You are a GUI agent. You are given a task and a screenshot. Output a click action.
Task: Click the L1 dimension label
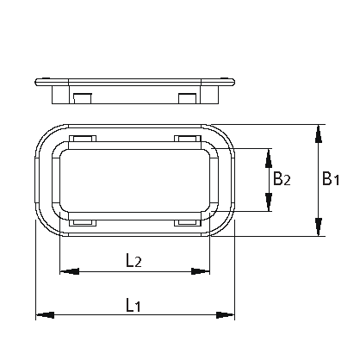pyautogui.click(x=133, y=304)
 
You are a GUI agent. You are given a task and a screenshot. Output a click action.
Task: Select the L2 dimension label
pyautogui.click(x=133, y=259)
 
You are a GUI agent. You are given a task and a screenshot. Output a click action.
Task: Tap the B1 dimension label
pyautogui.click(x=332, y=178)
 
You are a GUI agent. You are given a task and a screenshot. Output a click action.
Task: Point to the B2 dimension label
pyautogui.click(x=282, y=179)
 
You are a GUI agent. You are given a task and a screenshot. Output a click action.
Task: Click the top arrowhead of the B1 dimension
pyautogui.click(x=320, y=132)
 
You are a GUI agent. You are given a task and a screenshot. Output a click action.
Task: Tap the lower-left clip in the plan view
pyautogui.click(x=82, y=223)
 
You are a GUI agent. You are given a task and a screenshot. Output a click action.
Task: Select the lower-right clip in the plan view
pyautogui.click(x=186, y=223)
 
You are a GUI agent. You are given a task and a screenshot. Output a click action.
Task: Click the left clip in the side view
pyautogui.click(x=82, y=96)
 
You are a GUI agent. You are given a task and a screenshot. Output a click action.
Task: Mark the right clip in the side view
pyautogui.click(x=187, y=96)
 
